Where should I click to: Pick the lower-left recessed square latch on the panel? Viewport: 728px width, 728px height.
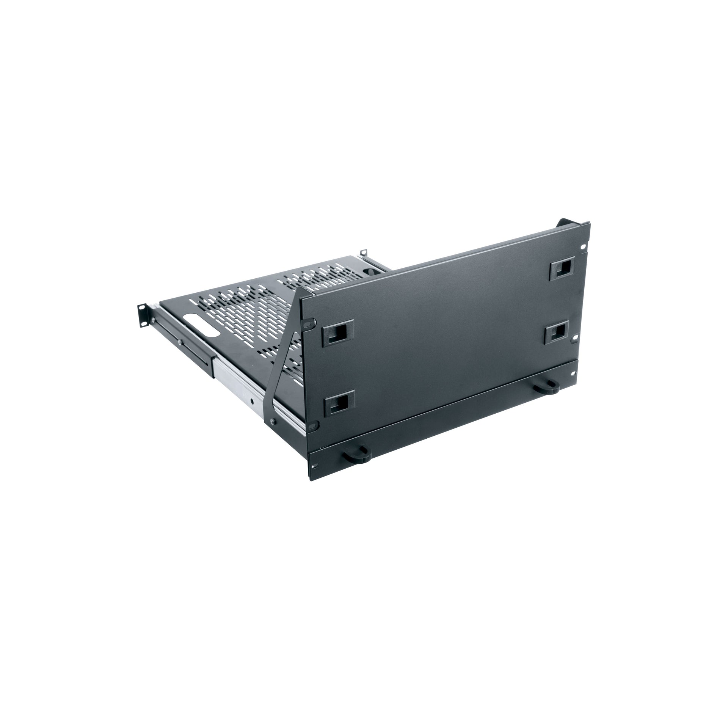[340, 403]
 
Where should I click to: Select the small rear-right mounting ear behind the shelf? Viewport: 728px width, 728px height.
[364, 253]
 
